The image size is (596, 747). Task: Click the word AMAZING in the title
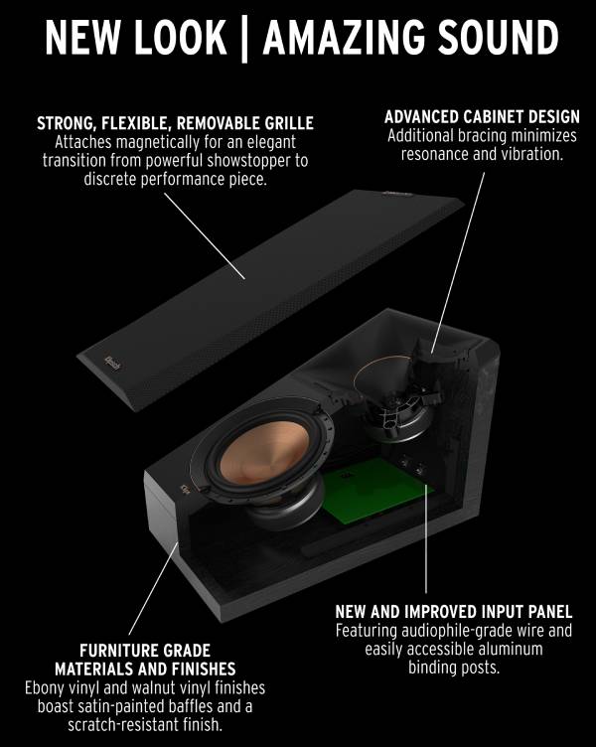344,37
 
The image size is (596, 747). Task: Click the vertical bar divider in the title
244,39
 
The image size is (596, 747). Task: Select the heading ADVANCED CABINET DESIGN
482,117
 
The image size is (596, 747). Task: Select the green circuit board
376,491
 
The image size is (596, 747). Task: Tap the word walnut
156,688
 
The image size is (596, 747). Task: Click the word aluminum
505,650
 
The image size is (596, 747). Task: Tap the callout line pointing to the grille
205,236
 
